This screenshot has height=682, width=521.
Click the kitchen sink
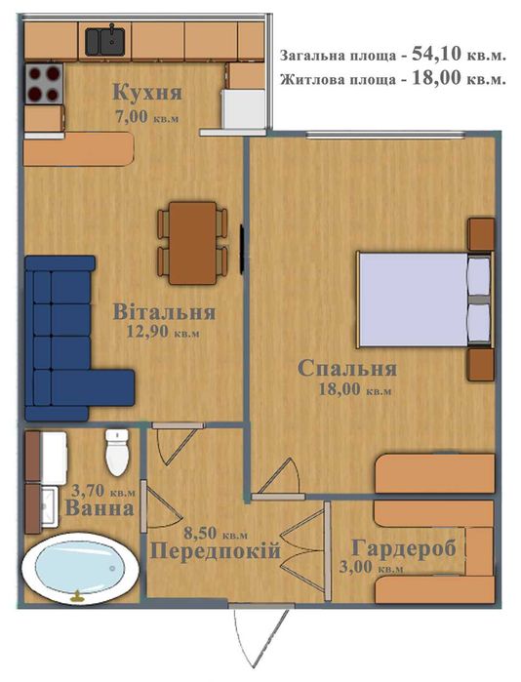[104, 41]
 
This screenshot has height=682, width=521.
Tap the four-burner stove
[44, 83]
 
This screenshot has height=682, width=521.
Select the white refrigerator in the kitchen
[244, 109]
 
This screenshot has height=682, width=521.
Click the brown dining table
[192, 243]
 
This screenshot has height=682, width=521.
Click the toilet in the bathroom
[117, 453]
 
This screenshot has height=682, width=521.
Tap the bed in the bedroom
[425, 300]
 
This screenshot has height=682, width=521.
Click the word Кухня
[147, 93]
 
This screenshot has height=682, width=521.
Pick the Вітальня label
[164, 312]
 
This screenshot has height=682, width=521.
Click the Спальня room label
[347, 369]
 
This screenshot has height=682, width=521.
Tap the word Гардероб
[404, 548]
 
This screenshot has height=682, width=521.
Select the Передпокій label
[216, 552]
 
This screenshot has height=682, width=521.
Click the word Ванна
[100, 508]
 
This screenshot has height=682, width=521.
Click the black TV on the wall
[242, 249]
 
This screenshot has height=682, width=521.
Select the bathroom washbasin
[49, 505]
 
